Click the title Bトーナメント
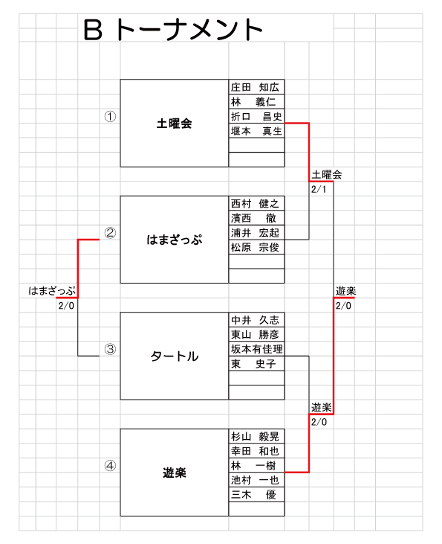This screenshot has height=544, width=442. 173,30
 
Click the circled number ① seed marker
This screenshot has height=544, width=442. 110,116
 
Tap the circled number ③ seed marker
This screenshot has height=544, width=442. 110,349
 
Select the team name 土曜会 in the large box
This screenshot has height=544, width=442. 175,124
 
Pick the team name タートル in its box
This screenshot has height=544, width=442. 175,356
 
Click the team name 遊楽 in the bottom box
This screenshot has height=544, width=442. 175,473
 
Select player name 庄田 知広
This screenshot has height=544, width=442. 255,87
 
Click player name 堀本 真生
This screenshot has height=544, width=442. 256,131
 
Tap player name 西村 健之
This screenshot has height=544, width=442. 255,203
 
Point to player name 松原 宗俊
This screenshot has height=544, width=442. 255,247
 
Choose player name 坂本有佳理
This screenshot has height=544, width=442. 257,349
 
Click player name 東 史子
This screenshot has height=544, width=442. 253,364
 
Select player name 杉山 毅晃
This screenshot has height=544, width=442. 255,436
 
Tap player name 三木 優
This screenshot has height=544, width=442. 253,494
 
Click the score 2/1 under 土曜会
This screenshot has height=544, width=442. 319,189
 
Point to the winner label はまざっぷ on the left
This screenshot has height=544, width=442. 52,291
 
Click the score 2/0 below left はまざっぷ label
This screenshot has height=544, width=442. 66,306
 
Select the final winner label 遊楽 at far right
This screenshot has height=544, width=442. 345,291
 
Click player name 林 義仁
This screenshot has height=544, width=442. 253,102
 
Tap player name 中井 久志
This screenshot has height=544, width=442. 255,320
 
